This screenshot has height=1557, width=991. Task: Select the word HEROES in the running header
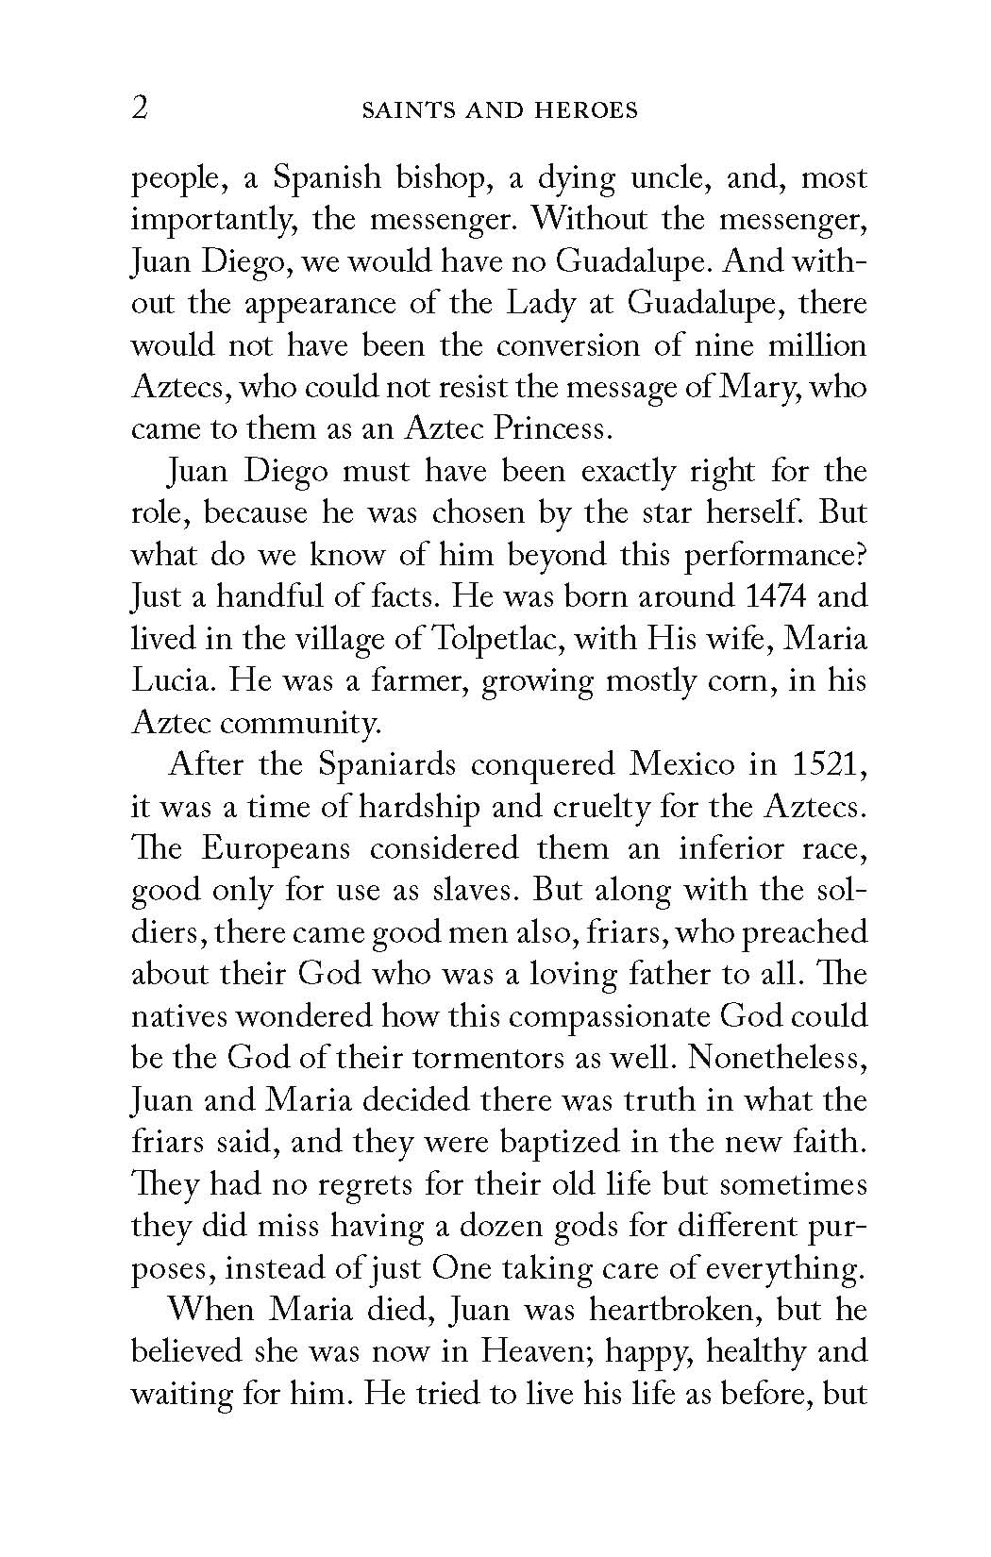point(589,110)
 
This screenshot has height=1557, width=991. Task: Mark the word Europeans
point(277,847)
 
